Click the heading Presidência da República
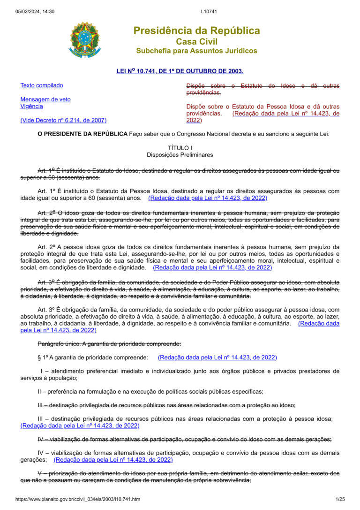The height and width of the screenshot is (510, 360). pyautogui.click(x=196, y=31)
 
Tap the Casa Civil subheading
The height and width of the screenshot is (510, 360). pyautogui.click(x=196, y=42)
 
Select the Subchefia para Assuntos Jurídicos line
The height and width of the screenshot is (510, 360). pyautogui.click(x=196, y=51)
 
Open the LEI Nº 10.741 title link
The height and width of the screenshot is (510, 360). pyautogui.click(x=180, y=71)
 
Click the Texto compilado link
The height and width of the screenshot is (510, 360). pyautogui.click(x=41, y=85)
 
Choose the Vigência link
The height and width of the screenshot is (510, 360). pyautogui.click(x=31, y=107)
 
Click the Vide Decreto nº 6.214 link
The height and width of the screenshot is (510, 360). pyautogui.click(x=63, y=121)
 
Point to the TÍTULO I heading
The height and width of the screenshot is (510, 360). pyautogui.click(x=180, y=148)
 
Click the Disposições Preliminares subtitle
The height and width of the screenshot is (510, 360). pyautogui.click(x=180, y=155)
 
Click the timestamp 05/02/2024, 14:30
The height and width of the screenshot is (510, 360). pyautogui.click(x=35, y=11)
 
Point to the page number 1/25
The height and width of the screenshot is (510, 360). pyautogui.click(x=340, y=499)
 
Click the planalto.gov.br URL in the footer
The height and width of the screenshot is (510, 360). pyautogui.click(x=77, y=499)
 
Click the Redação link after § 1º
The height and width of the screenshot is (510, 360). pyautogui.click(x=217, y=358)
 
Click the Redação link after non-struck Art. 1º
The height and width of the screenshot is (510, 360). pyautogui.click(x=208, y=198)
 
